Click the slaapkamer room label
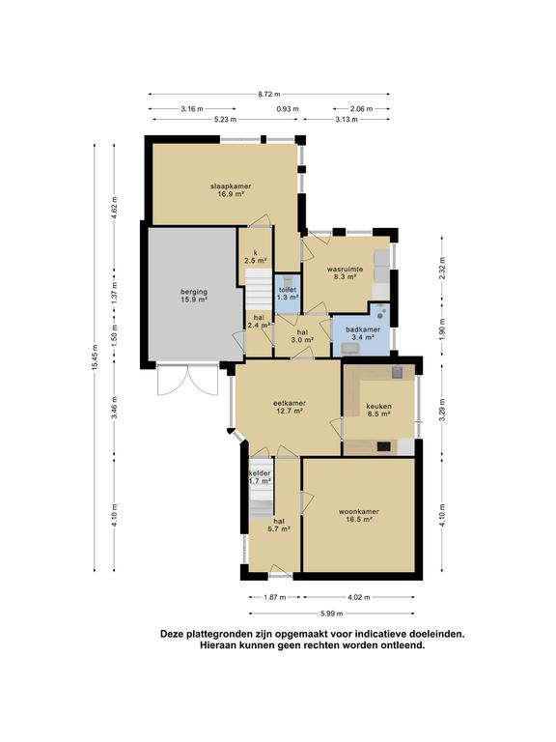[x=231, y=189]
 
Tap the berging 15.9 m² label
[x=194, y=296]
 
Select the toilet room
[x=288, y=294]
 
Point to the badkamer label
[x=363, y=333]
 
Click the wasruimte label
[x=346, y=273]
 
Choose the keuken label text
[x=379, y=410]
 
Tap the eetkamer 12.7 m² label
[x=290, y=407]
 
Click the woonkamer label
[x=359, y=515]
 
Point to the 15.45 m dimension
[x=95, y=357]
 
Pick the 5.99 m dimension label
[x=331, y=614]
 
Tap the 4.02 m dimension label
[x=359, y=597]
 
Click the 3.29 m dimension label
[x=442, y=411]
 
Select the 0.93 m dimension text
[x=288, y=109]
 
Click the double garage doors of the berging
[x=187, y=380]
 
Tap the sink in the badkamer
[x=350, y=349]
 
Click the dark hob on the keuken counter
[x=383, y=446]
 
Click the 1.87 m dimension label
[x=275, y=597]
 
